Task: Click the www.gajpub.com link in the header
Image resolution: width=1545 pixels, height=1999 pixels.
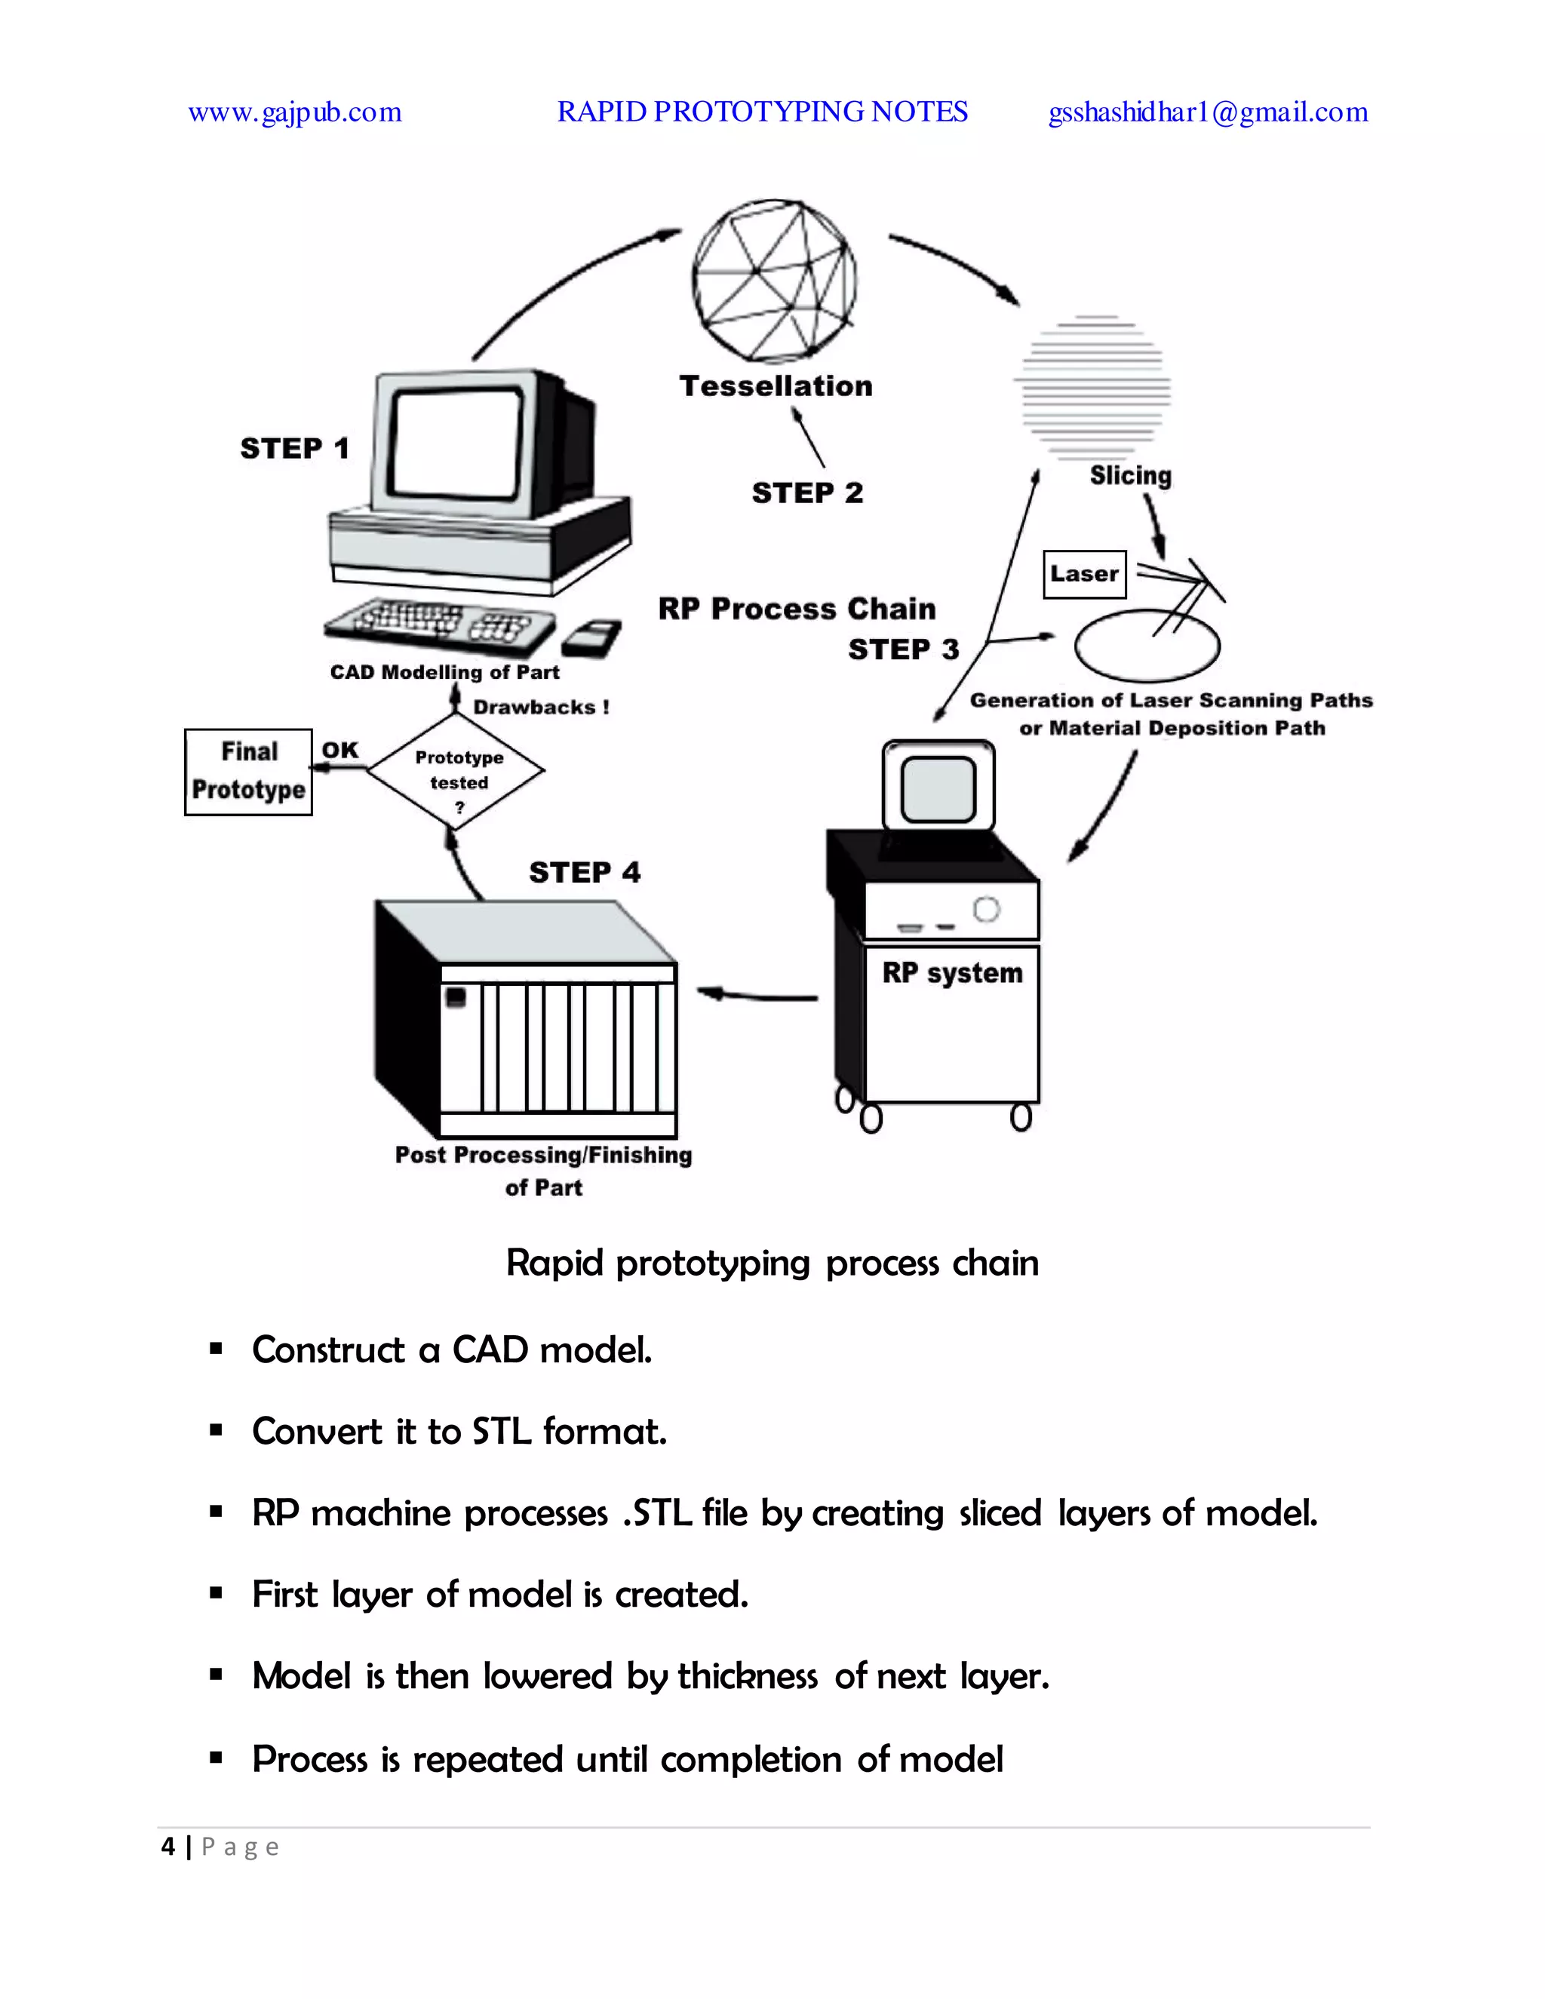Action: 295,112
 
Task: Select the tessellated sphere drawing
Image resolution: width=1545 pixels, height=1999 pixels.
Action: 774,280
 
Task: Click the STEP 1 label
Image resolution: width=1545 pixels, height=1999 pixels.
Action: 295,449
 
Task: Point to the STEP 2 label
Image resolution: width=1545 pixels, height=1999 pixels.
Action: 807,493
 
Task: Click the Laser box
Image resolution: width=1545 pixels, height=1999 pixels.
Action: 1084,574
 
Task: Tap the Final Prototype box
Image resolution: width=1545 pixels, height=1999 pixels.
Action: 248,772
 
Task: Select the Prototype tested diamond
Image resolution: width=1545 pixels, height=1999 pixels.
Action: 456,771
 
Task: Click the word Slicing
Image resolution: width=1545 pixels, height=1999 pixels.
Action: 1130,475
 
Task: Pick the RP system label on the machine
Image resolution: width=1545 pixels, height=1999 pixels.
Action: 952,973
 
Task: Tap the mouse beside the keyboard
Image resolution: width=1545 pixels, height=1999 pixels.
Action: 591,637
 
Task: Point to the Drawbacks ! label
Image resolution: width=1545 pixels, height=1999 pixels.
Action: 541,708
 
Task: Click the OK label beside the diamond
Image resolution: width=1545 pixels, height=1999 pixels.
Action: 339,750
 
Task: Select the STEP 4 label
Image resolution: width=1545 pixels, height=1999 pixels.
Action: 585,872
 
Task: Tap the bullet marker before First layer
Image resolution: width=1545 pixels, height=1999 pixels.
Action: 216,1593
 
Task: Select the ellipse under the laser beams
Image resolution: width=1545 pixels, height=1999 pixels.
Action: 1146,647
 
